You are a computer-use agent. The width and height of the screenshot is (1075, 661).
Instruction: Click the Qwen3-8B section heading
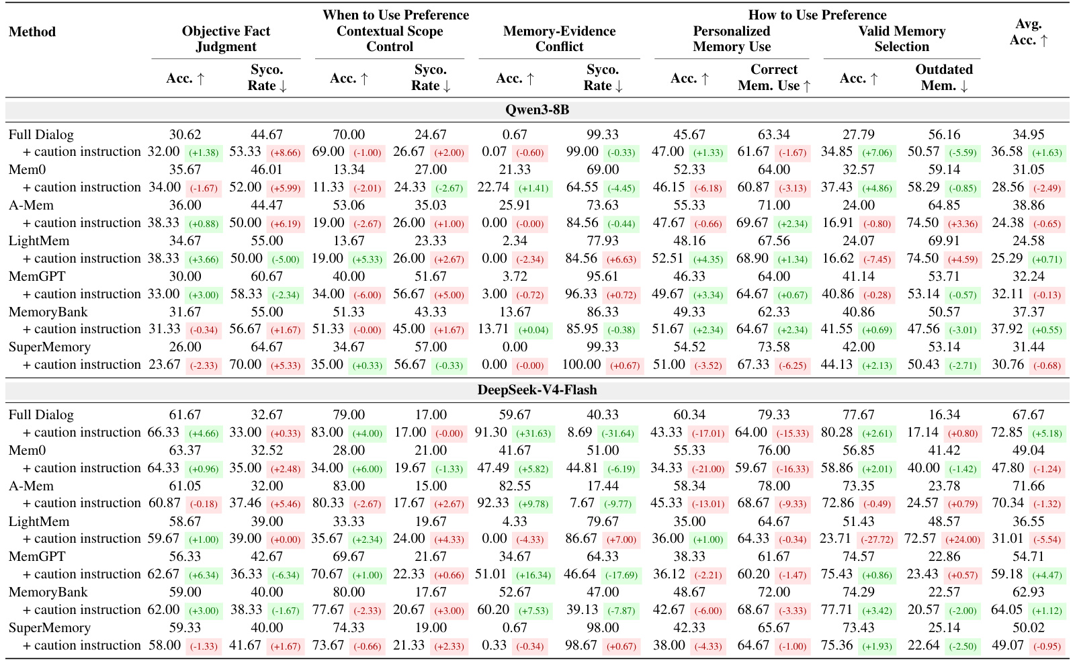[x=537, y=110]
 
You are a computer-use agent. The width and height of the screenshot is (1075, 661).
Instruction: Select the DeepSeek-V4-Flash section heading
[x=537, y=390]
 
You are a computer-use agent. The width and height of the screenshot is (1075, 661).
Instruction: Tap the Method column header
[x=32, y=32]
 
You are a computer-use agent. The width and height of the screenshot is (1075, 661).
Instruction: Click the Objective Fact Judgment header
[x=226, y=39]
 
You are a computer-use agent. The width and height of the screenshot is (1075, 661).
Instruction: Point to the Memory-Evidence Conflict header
[x=559, y=39]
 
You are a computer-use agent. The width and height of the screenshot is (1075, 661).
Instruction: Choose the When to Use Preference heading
[x=396, y=15]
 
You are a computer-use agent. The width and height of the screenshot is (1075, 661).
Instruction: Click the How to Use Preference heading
[x=817, y=15]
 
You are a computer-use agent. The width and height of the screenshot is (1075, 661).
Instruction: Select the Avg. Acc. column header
[x=1029, y=32]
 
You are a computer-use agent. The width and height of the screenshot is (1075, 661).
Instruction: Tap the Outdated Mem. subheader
[x=943, y=77]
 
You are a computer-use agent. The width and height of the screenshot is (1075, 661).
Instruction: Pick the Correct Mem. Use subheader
[x=773, y=77]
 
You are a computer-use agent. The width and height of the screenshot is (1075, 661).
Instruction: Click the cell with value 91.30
[x=490, y=432]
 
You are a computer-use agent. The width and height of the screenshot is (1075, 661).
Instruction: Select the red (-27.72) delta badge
[x=876, y=539]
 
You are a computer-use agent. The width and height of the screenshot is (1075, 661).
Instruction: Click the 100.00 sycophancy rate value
[x=581, y=365]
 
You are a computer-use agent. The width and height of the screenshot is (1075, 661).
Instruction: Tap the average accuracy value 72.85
[x=1007, y=432]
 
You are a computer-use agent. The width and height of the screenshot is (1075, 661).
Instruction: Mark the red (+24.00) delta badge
[x=962, y=539]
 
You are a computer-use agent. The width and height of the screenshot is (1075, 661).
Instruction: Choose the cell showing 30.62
[x=185, y=135]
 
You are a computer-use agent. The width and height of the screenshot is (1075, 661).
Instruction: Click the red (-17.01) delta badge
[x=707, y=433]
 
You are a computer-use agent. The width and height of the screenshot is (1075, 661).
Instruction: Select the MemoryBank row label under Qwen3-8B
[x=48, y=312]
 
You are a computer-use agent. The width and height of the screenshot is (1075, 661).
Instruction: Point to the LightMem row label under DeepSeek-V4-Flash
[x=39, y=521]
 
